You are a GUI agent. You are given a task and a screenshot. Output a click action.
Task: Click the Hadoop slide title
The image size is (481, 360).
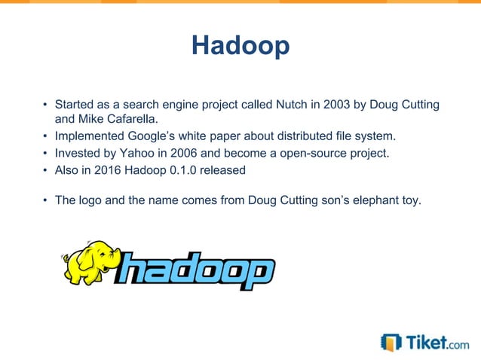pyautogui.click(x=240, y=46)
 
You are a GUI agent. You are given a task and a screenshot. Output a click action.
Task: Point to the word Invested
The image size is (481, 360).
pyautogui.click(x=76, y=153)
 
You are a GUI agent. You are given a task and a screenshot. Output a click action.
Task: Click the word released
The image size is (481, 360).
pyautogui.click(x=224, y=169)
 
